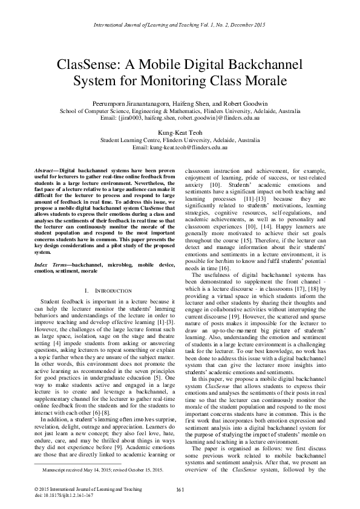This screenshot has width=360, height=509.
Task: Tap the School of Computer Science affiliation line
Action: click(x=180, y=112)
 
